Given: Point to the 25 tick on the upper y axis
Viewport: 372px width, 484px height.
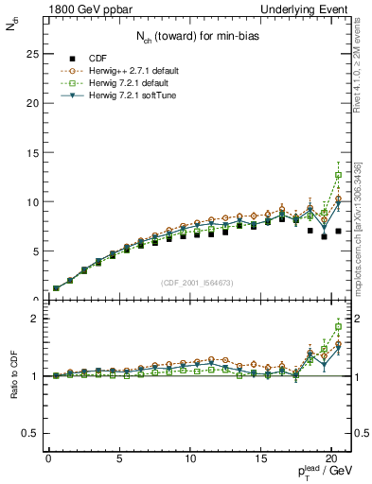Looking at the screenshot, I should pos(29,54).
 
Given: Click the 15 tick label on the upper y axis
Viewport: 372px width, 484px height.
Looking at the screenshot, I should pos(29,152).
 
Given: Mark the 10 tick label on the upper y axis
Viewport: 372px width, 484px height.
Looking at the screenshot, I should pos(29,201).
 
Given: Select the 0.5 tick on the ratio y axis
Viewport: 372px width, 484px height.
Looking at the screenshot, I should pos(28,433).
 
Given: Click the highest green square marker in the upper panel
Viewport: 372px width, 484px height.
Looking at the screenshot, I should pos(338,175).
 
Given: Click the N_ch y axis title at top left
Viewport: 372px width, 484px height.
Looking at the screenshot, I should pos(11,26).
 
